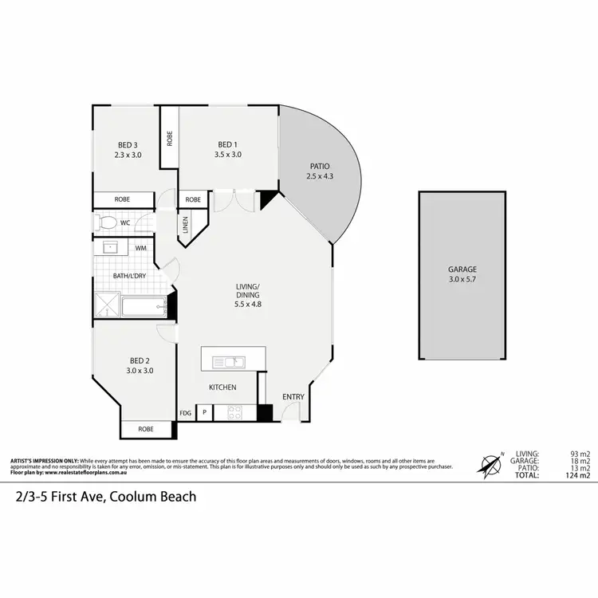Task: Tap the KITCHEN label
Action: coord(222,387)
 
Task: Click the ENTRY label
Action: coord(293,396)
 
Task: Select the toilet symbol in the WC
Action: coord(108,222)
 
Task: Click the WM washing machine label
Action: coord(140,249)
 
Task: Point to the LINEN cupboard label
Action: coord(185,225)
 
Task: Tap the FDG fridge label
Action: coord(185,413)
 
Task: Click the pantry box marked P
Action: coord(204,413)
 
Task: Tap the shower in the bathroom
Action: coord(105,305)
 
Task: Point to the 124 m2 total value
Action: coord(577,476)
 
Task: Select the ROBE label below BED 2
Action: coord(146,429)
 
